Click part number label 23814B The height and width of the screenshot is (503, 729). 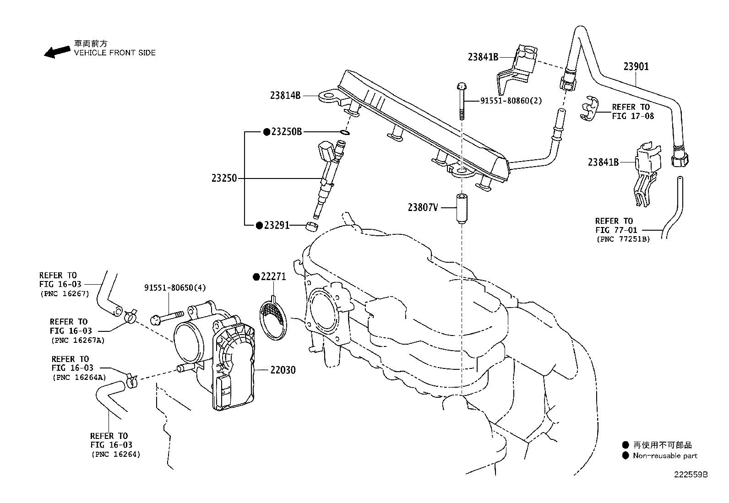click(285, 96)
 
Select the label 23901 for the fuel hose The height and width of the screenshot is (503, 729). click(636, 67)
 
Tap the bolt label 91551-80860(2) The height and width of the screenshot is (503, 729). click(511, 101)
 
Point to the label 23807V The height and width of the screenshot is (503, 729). click(423, 208)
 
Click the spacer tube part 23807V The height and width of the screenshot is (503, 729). click(461, 208)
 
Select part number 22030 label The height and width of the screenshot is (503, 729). click(283, 370)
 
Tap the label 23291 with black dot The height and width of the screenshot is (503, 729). click(276, 226)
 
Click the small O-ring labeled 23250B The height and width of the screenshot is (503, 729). click(346, 133)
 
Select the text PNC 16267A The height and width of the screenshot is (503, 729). click(77, 340)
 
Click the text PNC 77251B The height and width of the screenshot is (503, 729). click(623, 239)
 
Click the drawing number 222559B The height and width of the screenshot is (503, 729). click(690, 475)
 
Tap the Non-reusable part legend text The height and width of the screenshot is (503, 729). click(665, 456)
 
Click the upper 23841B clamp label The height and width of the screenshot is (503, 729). click(483, 57)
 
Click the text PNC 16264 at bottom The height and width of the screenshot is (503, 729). click(115, 454)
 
